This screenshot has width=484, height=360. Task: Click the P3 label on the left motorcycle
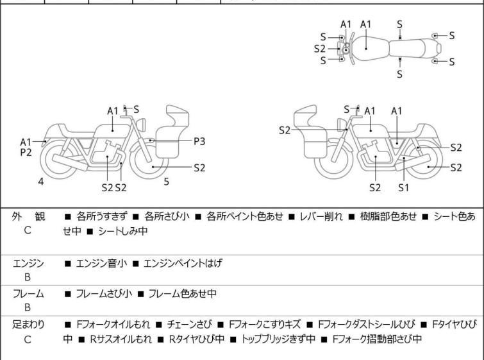click(x=199, y=140)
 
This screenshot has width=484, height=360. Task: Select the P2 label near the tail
click(x=26, y=153)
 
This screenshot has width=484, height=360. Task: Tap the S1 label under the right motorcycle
click(x=403, y=187)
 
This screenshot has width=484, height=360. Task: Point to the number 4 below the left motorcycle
click(x=41, y=182)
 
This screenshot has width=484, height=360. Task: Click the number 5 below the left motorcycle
click(x=166, y=182)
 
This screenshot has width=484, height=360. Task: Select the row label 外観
click(x=27, y=217)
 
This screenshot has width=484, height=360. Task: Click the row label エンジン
click(x=28, y=263)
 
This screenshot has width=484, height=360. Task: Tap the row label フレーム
click(x=28, y=294)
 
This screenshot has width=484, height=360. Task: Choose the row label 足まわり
click(x=28, y=325)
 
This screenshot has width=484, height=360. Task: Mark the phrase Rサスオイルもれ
click(x=114, y=339)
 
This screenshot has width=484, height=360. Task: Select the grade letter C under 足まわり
click(x=28, y=339)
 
